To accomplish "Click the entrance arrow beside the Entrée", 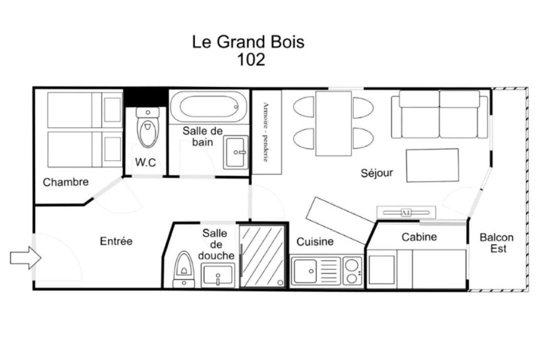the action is point(25,257).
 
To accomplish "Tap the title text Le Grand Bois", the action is point(248,42).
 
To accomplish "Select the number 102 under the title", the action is point(251,59).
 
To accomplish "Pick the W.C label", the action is point(145,162).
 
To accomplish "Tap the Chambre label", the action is point(65,182).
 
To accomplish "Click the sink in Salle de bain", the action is point(236,152).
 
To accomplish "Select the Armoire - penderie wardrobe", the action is point(267,132).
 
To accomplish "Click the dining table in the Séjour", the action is point(333,123).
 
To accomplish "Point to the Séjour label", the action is point(377,172).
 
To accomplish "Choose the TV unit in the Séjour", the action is point(406,212).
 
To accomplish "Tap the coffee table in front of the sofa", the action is point(432,165).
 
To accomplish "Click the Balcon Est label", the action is point(496,243).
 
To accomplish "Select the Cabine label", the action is point(419,236).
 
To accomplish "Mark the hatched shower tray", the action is point(262,256).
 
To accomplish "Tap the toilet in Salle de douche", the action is point(183,269).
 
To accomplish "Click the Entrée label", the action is point(116,241).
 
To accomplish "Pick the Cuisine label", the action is point(315,241).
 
